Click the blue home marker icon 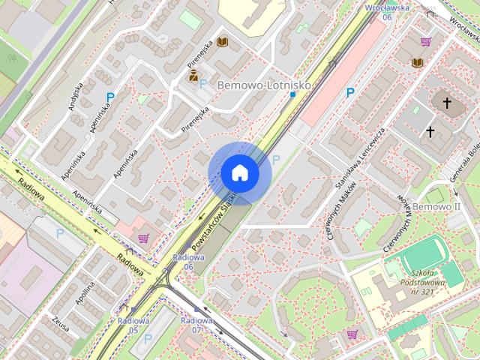tap(239, 172)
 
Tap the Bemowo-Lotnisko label tap(263, 85)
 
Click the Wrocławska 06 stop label tap(387, 11)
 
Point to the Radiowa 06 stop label tap(183, 262)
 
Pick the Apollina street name tap(85, 294)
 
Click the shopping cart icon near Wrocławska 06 tap(426, 42)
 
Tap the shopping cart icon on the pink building tap(143, 238)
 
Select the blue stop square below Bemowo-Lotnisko tap(292, 94)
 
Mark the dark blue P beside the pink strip tap(349, 93)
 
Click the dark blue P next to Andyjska tap(110, 97)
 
